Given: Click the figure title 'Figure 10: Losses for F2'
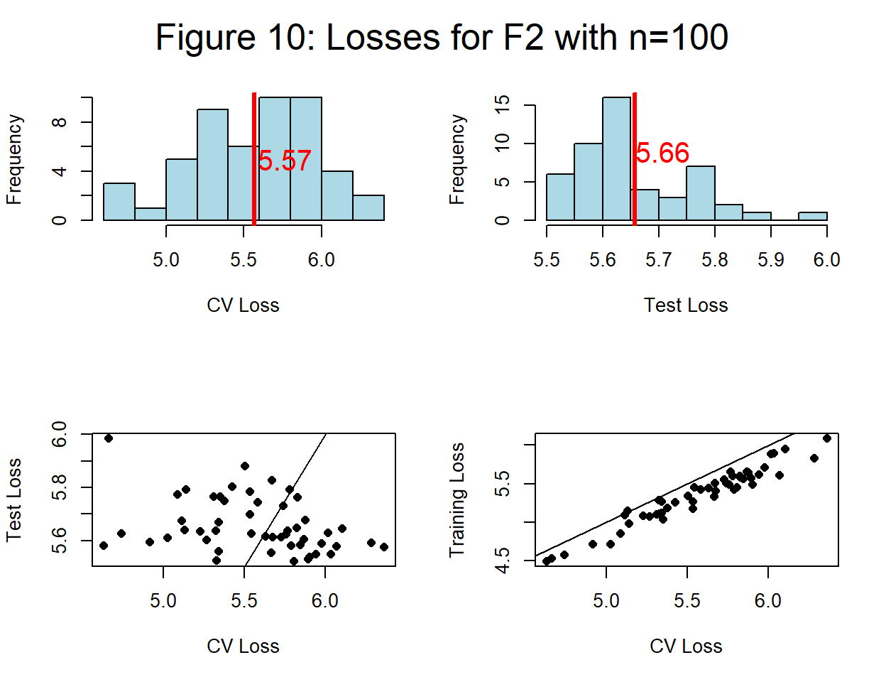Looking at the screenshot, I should click(442, 37).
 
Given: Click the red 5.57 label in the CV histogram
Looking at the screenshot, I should click(285, 161).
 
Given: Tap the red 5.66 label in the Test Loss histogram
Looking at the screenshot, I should click(662, 153).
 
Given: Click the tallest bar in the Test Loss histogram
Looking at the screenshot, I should click(616, 159).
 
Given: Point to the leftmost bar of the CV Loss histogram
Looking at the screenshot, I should click(119, 202).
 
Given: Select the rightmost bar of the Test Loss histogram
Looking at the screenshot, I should click(812, 216).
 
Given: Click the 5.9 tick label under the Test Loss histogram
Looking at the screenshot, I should click(771, 260).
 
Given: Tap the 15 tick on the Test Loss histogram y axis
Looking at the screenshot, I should click(503, 105).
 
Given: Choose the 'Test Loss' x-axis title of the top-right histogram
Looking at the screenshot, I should click(686, 305).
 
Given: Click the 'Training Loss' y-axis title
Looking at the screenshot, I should click(457, 499).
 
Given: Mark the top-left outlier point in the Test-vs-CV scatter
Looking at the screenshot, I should click(109, 438).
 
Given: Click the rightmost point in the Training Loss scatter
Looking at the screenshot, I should click(826, 438).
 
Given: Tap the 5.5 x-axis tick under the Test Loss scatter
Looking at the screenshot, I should click(244, 601).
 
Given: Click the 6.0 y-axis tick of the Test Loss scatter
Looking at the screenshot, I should click(60, 434).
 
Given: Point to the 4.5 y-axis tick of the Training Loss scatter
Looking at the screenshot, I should click(503, 560).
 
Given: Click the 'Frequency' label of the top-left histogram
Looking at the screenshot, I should click(14, 159).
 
